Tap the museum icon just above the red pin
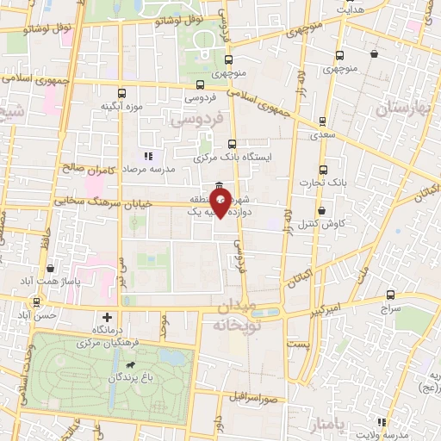(x=220, y=187)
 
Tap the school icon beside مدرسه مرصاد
(x=148, y=156)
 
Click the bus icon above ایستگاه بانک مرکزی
(x=231, y=144)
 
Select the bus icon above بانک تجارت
(x=323, y=170)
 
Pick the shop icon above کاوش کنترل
(x=322, y=210)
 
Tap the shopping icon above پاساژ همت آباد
(x=51, y=269)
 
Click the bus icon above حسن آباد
(x=36, y=302)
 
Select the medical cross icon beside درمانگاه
(x=106, y=317)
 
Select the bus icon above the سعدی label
(x=321, y=121)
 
